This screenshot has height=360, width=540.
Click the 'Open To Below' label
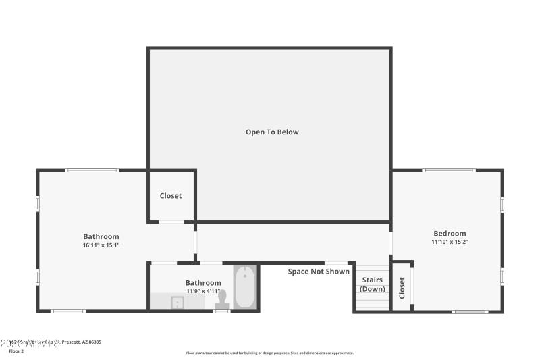coord(272,132)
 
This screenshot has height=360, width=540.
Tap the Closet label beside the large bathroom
coord(171,196)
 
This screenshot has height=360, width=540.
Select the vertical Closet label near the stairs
coord(402,288)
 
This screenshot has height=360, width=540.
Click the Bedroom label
coord(450,234)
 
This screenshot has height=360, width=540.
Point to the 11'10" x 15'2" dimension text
coord(450,242)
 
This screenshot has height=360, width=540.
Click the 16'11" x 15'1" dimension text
coord(101,245)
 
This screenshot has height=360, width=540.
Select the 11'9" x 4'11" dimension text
coord(203,291)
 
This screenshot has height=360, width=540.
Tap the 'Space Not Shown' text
coord(319,272)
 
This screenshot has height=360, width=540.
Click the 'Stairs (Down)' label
coord(372,284)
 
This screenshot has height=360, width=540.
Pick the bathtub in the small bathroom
coord(245,286)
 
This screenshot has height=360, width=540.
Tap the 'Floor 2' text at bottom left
coord(16,351)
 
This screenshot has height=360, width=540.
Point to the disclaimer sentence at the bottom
coord(270,353)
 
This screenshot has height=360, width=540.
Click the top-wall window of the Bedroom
coord(448,170)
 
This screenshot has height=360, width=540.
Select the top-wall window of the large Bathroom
coord(92,170)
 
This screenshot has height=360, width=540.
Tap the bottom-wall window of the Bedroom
coord(470,311)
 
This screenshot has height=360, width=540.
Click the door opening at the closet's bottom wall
coord(171,222)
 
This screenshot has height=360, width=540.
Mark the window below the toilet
coord(222,311)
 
